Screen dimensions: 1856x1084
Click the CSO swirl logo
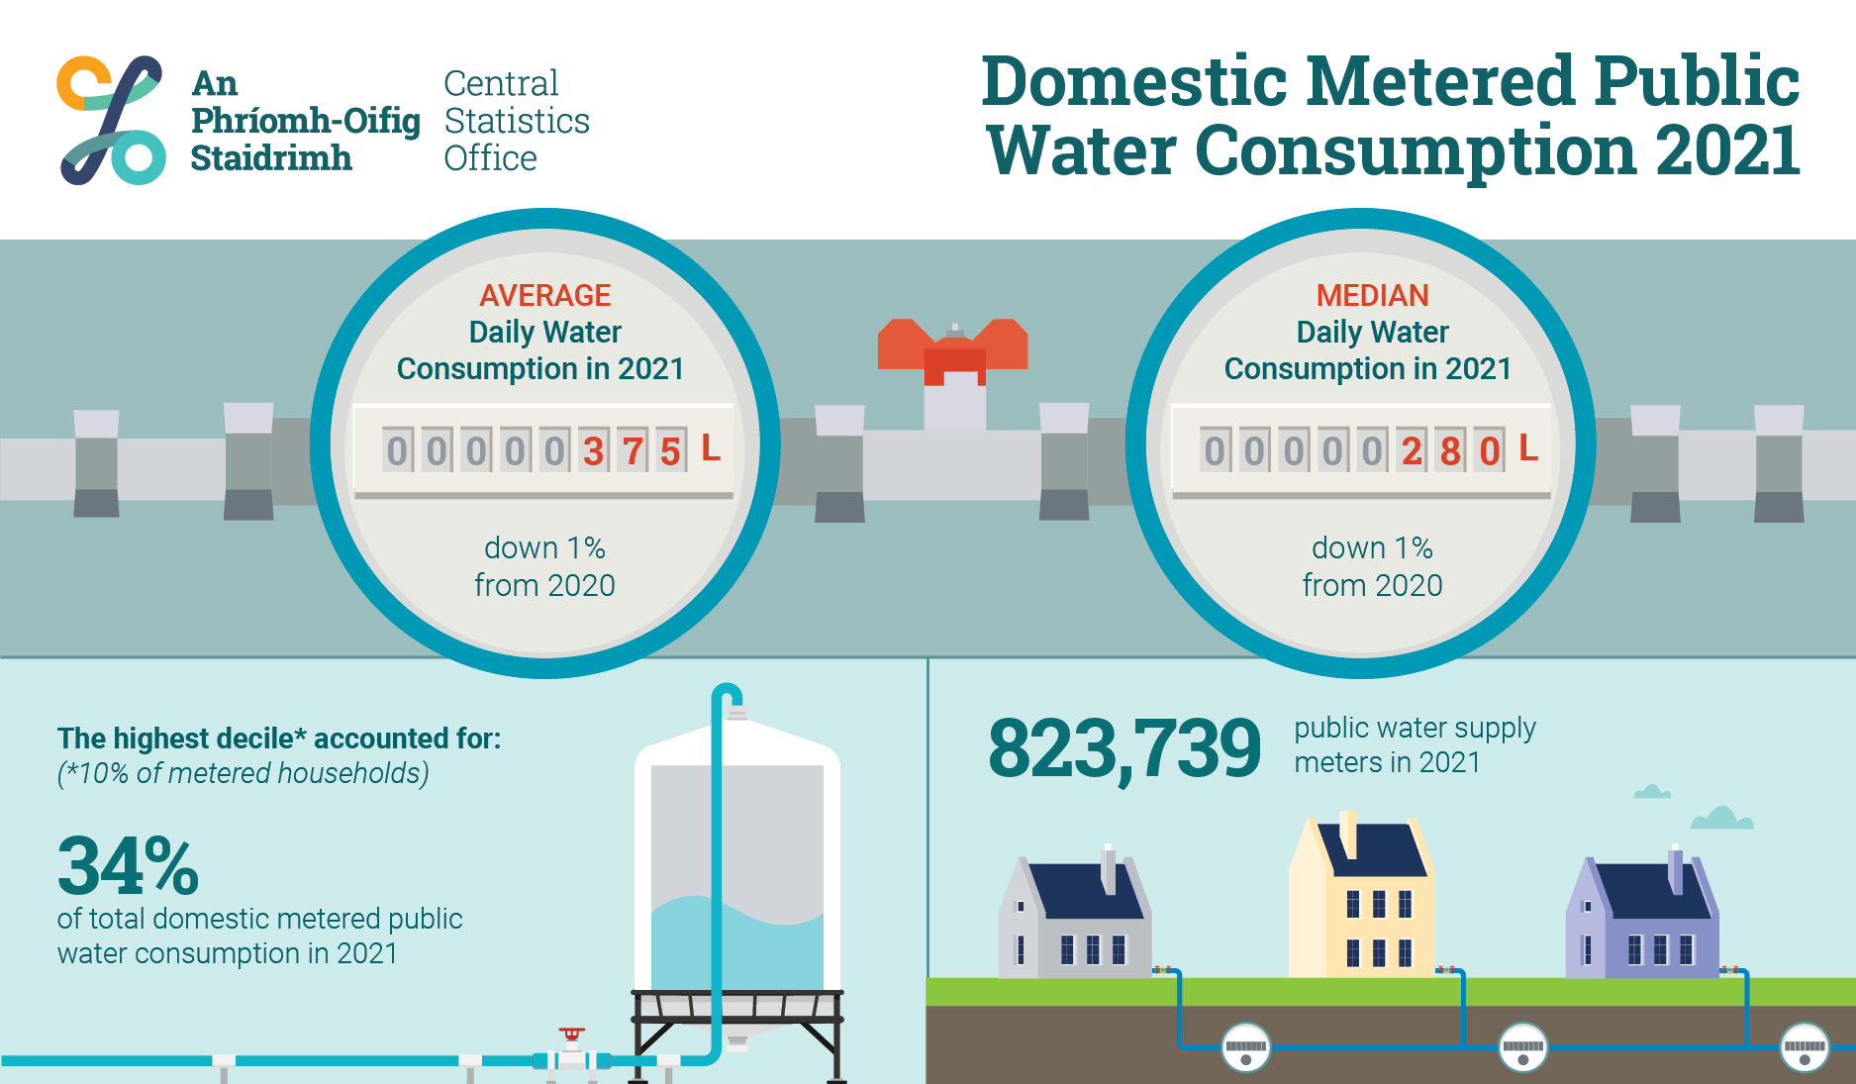[x=111, y=120]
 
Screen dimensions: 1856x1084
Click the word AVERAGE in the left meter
[x=544, y=295]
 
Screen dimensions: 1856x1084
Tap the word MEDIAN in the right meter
[x=1372, y=295]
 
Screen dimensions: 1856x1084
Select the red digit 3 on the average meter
[x=593, y=451]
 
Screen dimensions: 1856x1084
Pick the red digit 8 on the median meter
[x=1450, y=451]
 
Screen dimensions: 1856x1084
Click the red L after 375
[x=711, y=447]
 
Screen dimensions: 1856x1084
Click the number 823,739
[x=1124, y=748]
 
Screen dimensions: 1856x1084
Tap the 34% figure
[x=129, y=866]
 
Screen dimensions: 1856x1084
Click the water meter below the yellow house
[x=1522, y=1047]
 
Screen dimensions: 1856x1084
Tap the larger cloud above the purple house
[x=1722, y=818]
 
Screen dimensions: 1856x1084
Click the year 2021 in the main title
[x=1727, y=150]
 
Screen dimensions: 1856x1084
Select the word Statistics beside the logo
[x=517, y=121]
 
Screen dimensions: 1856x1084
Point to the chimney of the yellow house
[x=1348, y=835]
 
